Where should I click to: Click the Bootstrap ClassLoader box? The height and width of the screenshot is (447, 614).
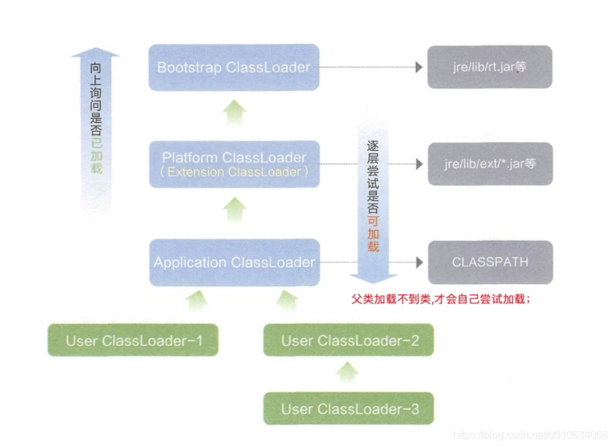(x=234, y=67)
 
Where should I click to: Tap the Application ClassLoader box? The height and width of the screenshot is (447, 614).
(x=234, y=262)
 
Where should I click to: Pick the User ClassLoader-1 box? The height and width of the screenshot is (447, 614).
(x=134, y=341)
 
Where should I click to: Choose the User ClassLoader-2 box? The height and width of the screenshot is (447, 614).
(x=349, y=341)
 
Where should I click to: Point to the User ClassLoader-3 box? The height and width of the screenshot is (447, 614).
(x=349, y=409)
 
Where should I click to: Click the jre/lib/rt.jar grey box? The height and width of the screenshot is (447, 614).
(x=489, y=67)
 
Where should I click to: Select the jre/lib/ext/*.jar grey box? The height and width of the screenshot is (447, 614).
(x=489, y=163)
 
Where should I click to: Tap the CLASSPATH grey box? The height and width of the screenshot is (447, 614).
(x=489, y=262)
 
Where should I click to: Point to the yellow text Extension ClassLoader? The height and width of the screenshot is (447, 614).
(x=234, y=171)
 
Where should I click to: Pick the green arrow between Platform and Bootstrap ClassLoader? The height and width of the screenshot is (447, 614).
(x=234, y=114)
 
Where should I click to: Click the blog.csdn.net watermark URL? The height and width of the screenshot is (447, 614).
(x=531, y=434)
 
